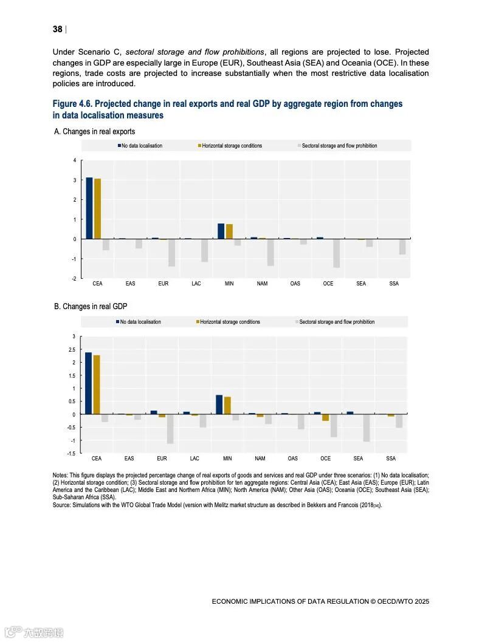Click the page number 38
pyautogui.click(x=58, y=29)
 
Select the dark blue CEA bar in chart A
pyautogui.click(x=89, y=208)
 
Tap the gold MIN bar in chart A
pyautogui.click(x=229, y=231)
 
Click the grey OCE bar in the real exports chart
pyautogui.click(x=336, y=253)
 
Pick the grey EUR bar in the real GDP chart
pyautogui.click(x=170, y=429)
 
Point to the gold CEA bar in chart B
pyautogui.click(x=97, y=384)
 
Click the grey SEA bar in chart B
pyautogui.click(x=367, y=428)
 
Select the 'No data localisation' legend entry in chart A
pyautogui.click(x=140, y=146)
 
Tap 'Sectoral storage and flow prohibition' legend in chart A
pyautogui.click(x=338, y=146)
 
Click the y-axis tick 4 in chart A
pyautogui.click(x=75, y=160)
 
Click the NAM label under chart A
pyautogui.click(x=262, y=284)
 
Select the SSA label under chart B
pyautogui.click(x=391, y=459)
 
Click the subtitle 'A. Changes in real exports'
pyautogui.click(x=94, y=131)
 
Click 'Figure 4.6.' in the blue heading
pyautogui.click(x=72, y=104)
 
